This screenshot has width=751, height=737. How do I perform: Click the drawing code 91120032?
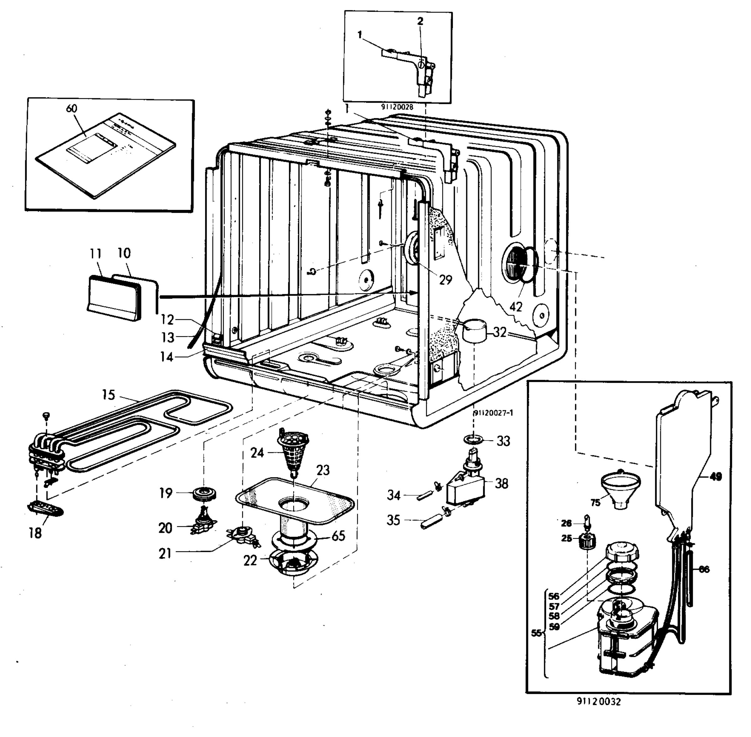click(599, 701)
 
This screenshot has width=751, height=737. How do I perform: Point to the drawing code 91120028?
click(397, 107)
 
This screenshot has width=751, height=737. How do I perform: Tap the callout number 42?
click(516, 307)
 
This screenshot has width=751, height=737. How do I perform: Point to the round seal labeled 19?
click(205, 494)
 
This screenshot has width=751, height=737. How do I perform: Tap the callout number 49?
click(716, 477)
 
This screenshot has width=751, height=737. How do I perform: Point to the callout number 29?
click(446, 279)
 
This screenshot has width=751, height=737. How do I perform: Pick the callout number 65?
click(339, 536)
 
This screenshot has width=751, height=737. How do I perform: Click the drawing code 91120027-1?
click(493, 413)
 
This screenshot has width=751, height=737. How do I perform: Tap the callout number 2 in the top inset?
click(421, 22)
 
